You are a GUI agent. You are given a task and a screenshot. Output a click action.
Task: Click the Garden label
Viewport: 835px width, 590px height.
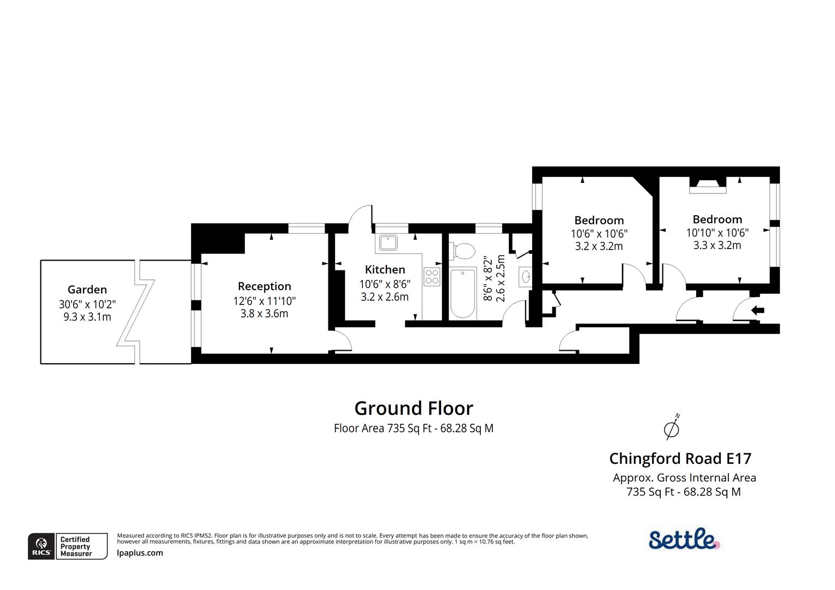pos(87,290)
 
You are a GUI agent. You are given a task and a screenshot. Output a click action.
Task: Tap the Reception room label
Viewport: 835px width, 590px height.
pos(264,286)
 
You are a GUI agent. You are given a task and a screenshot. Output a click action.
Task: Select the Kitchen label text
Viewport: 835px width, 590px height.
pos(385,269)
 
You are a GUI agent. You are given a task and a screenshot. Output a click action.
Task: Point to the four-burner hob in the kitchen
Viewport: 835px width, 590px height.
pos(432,276)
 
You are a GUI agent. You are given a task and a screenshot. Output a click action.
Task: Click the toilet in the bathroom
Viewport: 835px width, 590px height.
pos(462,251)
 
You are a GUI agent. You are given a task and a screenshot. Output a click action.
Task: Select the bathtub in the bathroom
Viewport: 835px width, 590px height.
pos(462,293)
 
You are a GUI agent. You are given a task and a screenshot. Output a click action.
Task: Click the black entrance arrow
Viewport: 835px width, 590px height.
pos(757,310)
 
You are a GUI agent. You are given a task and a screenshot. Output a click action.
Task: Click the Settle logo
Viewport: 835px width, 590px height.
pos(684,539)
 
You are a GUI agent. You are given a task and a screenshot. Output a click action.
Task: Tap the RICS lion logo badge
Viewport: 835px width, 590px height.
pos(42,546)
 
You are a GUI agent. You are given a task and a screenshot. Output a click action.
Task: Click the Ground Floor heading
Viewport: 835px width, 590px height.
pos(414,408)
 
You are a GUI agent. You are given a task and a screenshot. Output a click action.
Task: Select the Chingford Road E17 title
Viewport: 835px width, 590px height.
pos(680,458)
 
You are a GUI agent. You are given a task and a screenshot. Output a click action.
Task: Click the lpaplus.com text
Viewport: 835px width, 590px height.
pos(140,553)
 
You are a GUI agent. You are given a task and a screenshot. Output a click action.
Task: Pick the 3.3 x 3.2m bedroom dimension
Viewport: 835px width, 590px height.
pos(717,245)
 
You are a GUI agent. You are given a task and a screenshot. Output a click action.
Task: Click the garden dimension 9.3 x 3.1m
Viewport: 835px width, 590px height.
pos(87,317)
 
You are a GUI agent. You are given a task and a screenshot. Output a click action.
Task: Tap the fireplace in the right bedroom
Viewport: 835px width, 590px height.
pos(707,185)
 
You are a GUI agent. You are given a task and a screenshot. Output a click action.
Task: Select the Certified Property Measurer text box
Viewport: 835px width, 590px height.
pos(75,546)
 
